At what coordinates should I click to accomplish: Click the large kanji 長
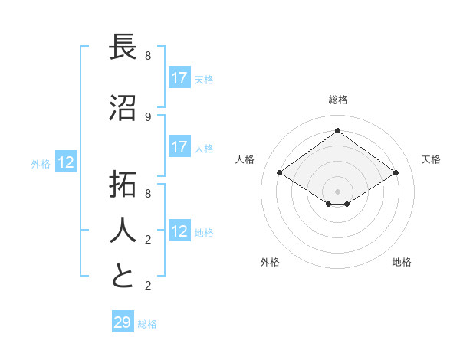[x=123, y=49]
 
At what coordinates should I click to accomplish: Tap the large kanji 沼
[x=123, y=110]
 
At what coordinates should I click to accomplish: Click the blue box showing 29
[x=123, y=322]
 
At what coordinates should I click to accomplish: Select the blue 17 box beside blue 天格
[x=179, y=78]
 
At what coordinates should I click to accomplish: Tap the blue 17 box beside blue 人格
[x=179, y=147]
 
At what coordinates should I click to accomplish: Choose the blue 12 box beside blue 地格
[x=179, y=231]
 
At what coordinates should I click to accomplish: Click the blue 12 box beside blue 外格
[x=66, y=162]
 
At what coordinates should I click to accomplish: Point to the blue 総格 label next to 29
[x=147, y=324]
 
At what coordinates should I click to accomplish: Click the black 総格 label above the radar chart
[x=338, y=100]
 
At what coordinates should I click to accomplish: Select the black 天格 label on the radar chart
[x=431, y=159]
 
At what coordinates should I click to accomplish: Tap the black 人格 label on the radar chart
[x=245, y=159]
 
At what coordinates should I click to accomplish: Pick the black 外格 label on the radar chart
[x=270, y=262]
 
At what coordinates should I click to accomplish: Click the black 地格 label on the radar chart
[x=402, y=262]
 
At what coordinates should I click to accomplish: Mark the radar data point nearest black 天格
[x=396, y=173]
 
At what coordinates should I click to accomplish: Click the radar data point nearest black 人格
[x=280, y=173]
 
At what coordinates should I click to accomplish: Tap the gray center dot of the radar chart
[x=337, y=191]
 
